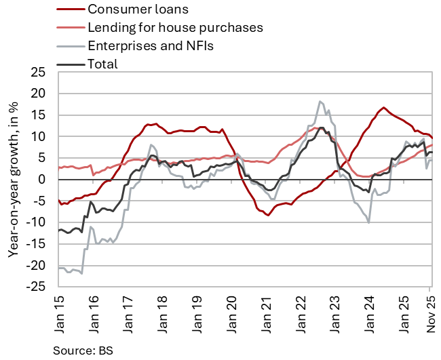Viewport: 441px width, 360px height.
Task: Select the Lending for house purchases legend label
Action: (x=175, y=28)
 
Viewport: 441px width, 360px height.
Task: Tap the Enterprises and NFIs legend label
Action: (x=155, y=46)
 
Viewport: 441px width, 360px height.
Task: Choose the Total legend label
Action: (x=102, y=64)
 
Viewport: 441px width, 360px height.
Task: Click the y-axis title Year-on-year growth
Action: (x=13, y=180)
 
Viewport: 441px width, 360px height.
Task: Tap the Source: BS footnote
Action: (x=81, y=351)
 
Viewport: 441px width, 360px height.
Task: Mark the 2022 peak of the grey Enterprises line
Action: (x=320, y=102)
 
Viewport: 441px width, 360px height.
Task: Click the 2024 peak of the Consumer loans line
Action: (x=384, y=108)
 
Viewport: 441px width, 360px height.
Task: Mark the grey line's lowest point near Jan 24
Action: (x=368, y=222)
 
